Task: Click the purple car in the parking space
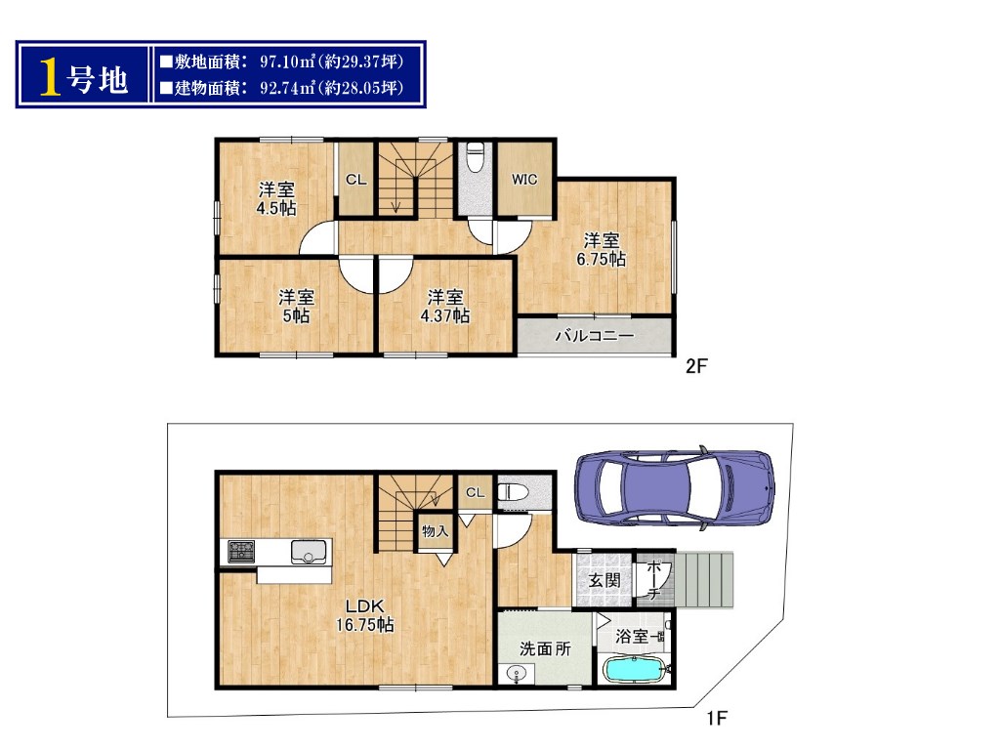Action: tap(676, 488)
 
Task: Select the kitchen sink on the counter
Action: tap(309, 552)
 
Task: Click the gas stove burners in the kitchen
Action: tap(242, 552)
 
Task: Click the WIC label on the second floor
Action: tap(524, 180)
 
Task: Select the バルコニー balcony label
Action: tap(595, 336)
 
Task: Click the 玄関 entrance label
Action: tap(604, 580)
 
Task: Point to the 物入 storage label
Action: tap(435, 530)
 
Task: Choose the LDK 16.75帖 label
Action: tap(365, 615)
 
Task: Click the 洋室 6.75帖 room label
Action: tap(601, 250)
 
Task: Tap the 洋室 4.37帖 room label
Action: tap(445, 306)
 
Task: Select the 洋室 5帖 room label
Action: tap(296, 306)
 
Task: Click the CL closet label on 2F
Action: tap(355, 180)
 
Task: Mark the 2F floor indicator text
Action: tap(696, 366)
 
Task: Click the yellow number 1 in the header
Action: tap(51, 76)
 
